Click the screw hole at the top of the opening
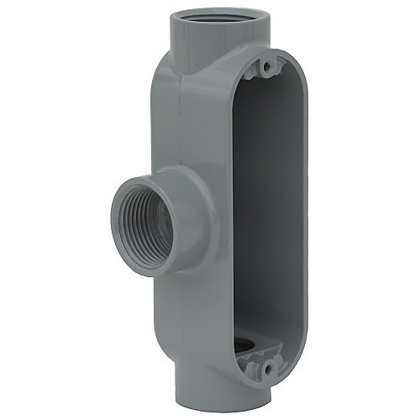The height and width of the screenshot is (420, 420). click(268, 64)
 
